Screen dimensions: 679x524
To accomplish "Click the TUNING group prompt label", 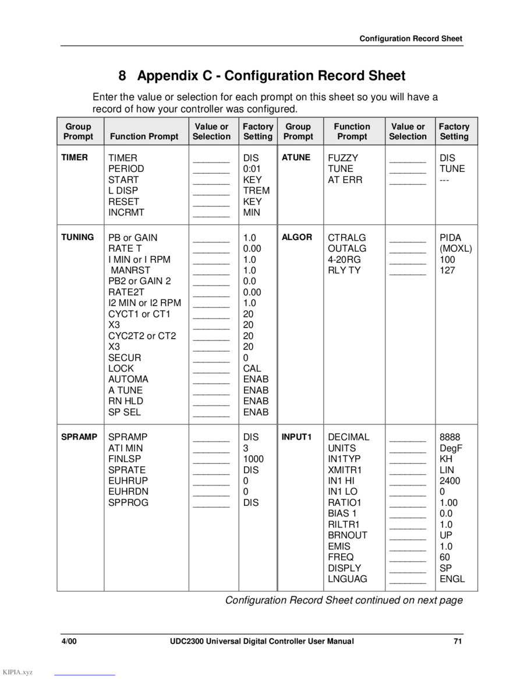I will (77, 237).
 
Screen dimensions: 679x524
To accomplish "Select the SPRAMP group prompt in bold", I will (79, 437).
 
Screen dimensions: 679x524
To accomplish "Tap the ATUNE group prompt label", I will (296, 157).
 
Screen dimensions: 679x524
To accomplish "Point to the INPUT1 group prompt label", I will (297, 437).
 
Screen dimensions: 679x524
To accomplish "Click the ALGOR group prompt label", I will (297, 237).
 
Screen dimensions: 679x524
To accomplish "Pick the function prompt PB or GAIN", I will (133, 238).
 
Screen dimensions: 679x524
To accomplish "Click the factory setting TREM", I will (256, 191).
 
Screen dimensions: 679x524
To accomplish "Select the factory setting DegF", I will (452, 448).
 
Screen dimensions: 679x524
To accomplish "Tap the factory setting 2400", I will (450, 481).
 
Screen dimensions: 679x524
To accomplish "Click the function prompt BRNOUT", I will (348, 535).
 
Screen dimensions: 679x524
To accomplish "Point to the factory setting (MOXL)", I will (456, 248).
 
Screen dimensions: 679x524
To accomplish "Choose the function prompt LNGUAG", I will (348, 579).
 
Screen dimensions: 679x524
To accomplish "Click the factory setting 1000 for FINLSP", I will (254, 459).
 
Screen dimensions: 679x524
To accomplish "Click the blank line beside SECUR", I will (211, 360).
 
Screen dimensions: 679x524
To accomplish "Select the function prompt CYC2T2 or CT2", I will (142, 336).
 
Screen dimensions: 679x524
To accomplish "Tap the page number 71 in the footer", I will (458, 642).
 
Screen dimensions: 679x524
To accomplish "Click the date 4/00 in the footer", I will (70, 642).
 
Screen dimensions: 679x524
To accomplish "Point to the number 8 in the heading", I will (122, 76).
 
